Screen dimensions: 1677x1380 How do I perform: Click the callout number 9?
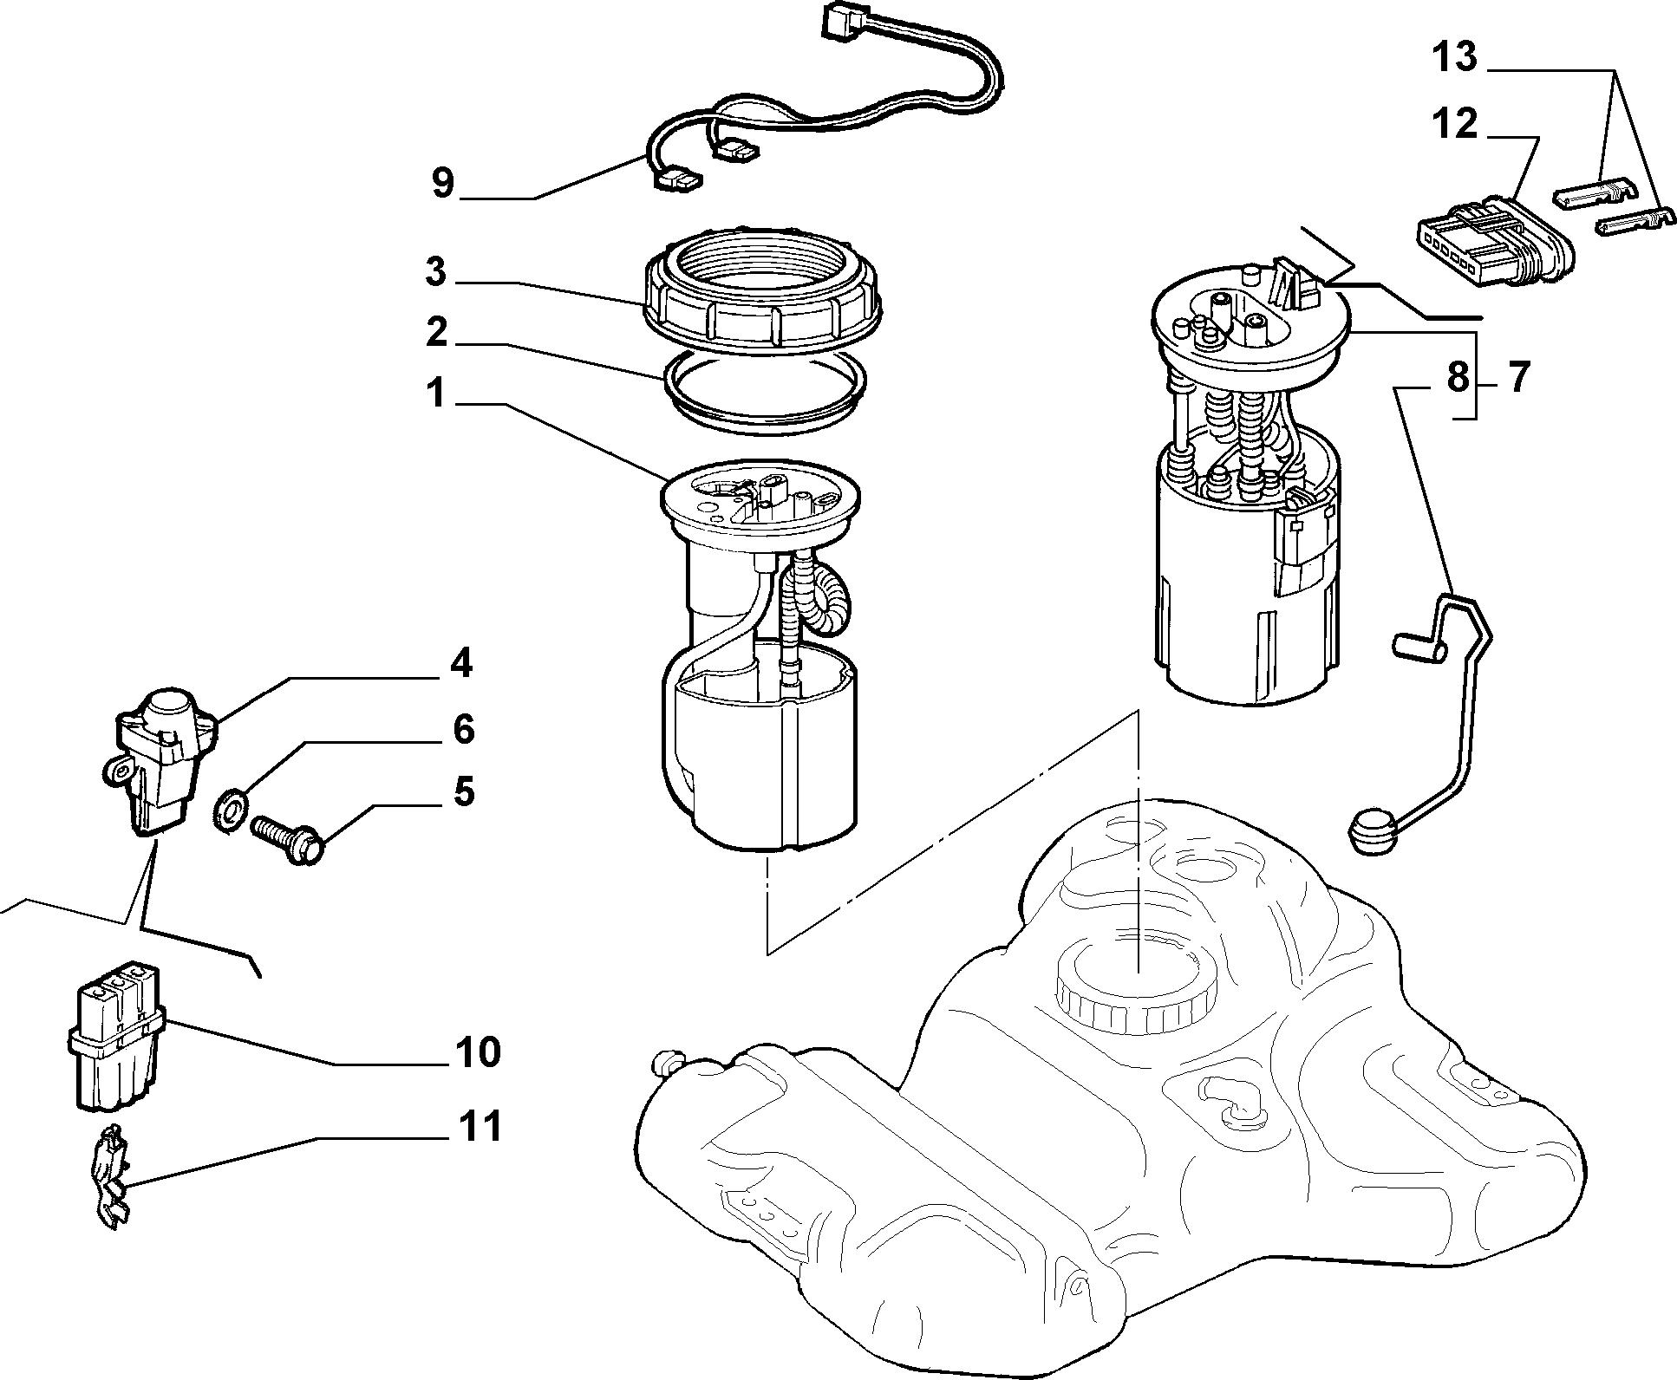point(442,184)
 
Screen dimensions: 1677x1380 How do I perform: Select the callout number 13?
point(1454,57)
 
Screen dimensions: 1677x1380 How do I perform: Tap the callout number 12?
point(1454,125)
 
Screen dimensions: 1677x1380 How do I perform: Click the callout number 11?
point(480,1127)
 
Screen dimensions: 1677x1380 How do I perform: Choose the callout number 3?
point(436,271)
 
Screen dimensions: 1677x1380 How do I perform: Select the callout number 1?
point(435,395)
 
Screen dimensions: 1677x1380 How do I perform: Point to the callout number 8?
point(1458,378)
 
